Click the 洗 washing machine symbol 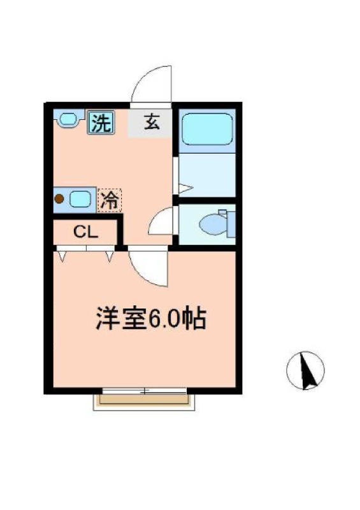[101, 122]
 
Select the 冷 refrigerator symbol [109, 200]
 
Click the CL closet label [85, 232]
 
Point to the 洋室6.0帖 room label [150, 318]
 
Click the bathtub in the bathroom [206, 129]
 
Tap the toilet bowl [210, 224]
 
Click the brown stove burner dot [59, 199]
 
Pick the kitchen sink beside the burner [80, 199]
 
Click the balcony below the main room [144, 401]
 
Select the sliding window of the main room [144, 390]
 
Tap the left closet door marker [62, 256]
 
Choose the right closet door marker [110, 256]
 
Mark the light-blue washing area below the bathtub [206, 175]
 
